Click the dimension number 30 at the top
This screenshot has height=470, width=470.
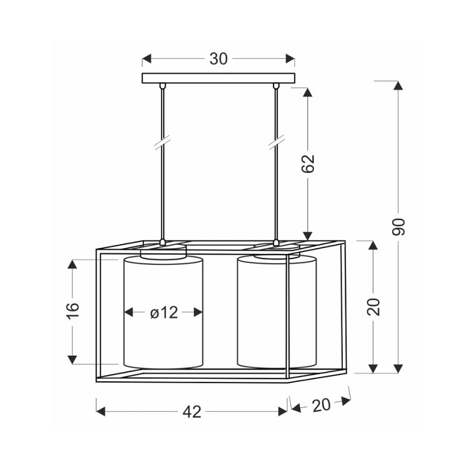point(219,59)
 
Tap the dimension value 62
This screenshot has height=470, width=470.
point(308,164)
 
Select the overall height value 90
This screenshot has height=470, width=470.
point(399,227)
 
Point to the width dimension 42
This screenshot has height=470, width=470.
point(192,412)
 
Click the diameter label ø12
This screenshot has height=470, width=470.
point(164,313)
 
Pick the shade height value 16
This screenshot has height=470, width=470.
point(72,311)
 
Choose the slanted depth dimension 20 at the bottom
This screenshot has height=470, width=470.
point(321,405)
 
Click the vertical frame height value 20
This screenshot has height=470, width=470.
point(373,307)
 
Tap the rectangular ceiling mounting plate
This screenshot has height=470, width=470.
point(219,78)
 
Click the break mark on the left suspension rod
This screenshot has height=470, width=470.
point(163,142)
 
